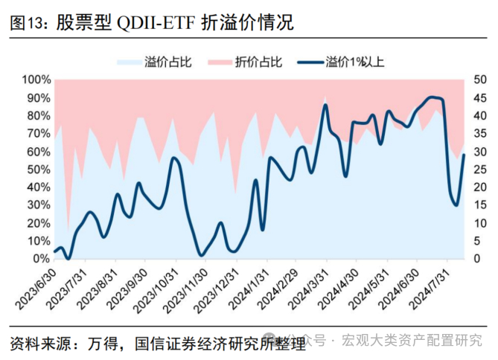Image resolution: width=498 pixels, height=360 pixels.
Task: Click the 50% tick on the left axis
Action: (x=37, y=170)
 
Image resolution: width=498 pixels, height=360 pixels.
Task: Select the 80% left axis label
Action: (x=37, y=116)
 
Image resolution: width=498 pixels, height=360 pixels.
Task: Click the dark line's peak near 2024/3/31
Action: (x=325, y=105)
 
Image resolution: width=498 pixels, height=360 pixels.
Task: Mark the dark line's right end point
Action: (x=464, y=155)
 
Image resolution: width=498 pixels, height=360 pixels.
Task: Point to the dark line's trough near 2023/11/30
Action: (x=201, y=255)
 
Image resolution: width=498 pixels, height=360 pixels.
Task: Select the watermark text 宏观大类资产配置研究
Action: (x=412, y=341)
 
